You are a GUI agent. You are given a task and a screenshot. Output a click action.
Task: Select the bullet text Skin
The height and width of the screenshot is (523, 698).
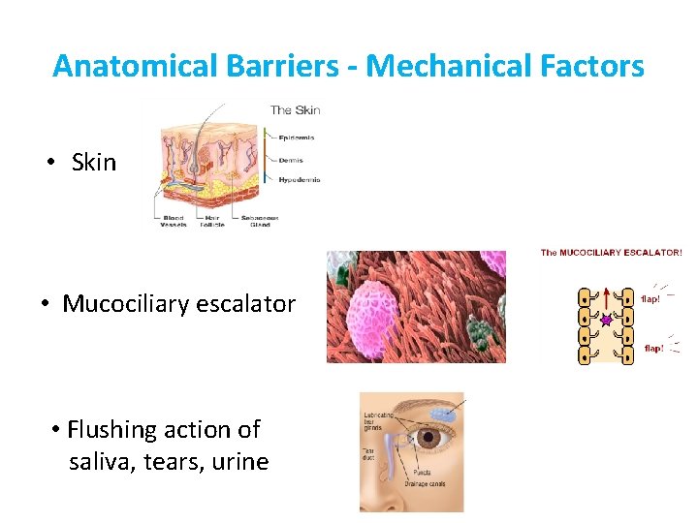coord(93,162)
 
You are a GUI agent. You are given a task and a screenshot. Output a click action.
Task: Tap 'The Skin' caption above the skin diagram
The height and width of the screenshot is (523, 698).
coord(296,109)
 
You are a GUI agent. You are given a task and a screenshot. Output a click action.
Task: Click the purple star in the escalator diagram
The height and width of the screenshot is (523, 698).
coord(606,319)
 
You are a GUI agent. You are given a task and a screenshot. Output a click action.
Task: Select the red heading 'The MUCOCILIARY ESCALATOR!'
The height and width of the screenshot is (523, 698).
coord(611,253)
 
